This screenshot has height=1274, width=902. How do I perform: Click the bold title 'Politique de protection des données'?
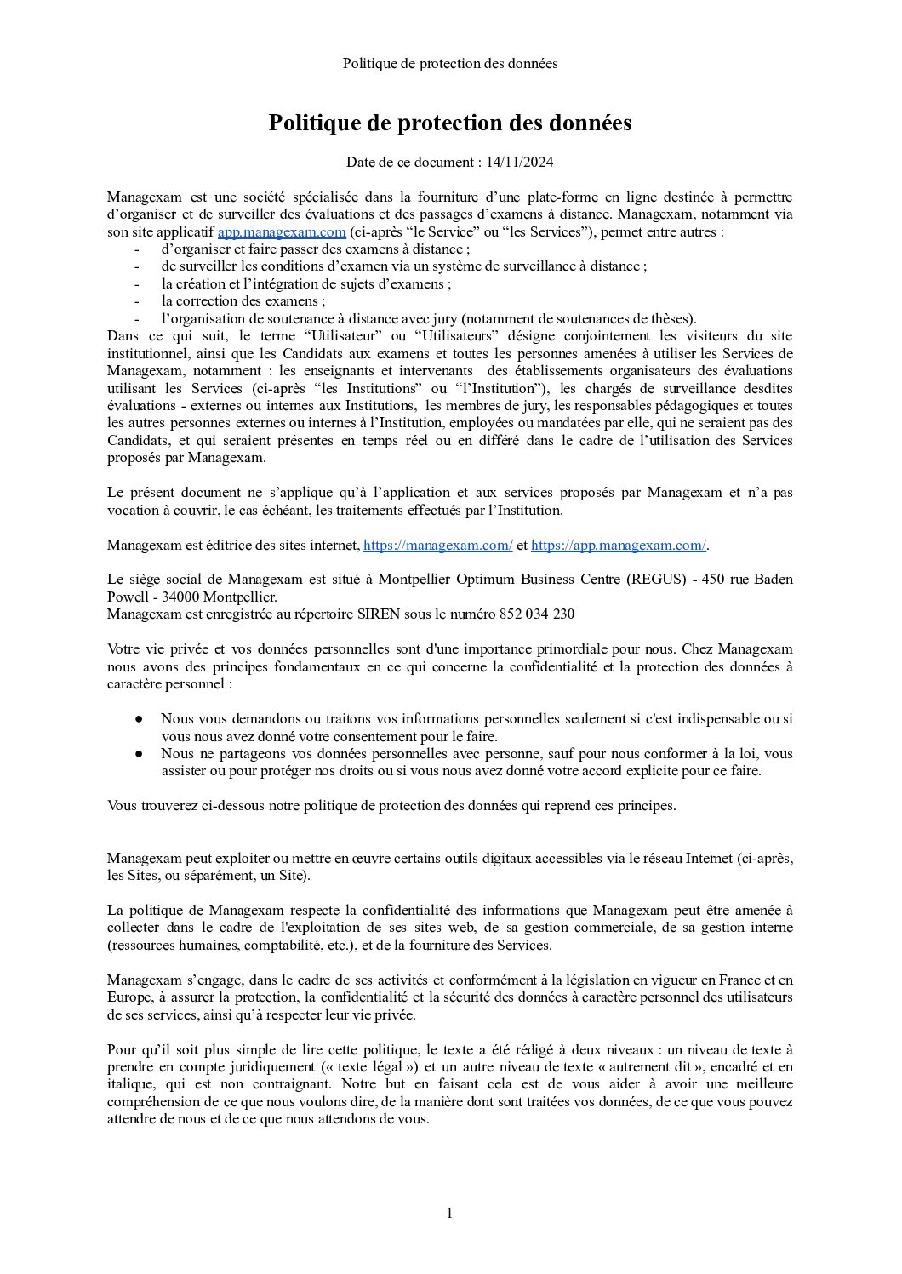tap(450, 123)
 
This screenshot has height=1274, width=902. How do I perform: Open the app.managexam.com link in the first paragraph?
tap(282, 232)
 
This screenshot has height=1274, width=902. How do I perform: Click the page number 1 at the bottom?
tap(449, 1213)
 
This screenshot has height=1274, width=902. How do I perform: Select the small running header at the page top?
tap(450, 64)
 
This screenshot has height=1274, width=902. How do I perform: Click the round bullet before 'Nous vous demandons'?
tap(139, 719)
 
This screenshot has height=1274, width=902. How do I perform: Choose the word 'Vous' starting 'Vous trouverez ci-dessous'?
tap(123, 805)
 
